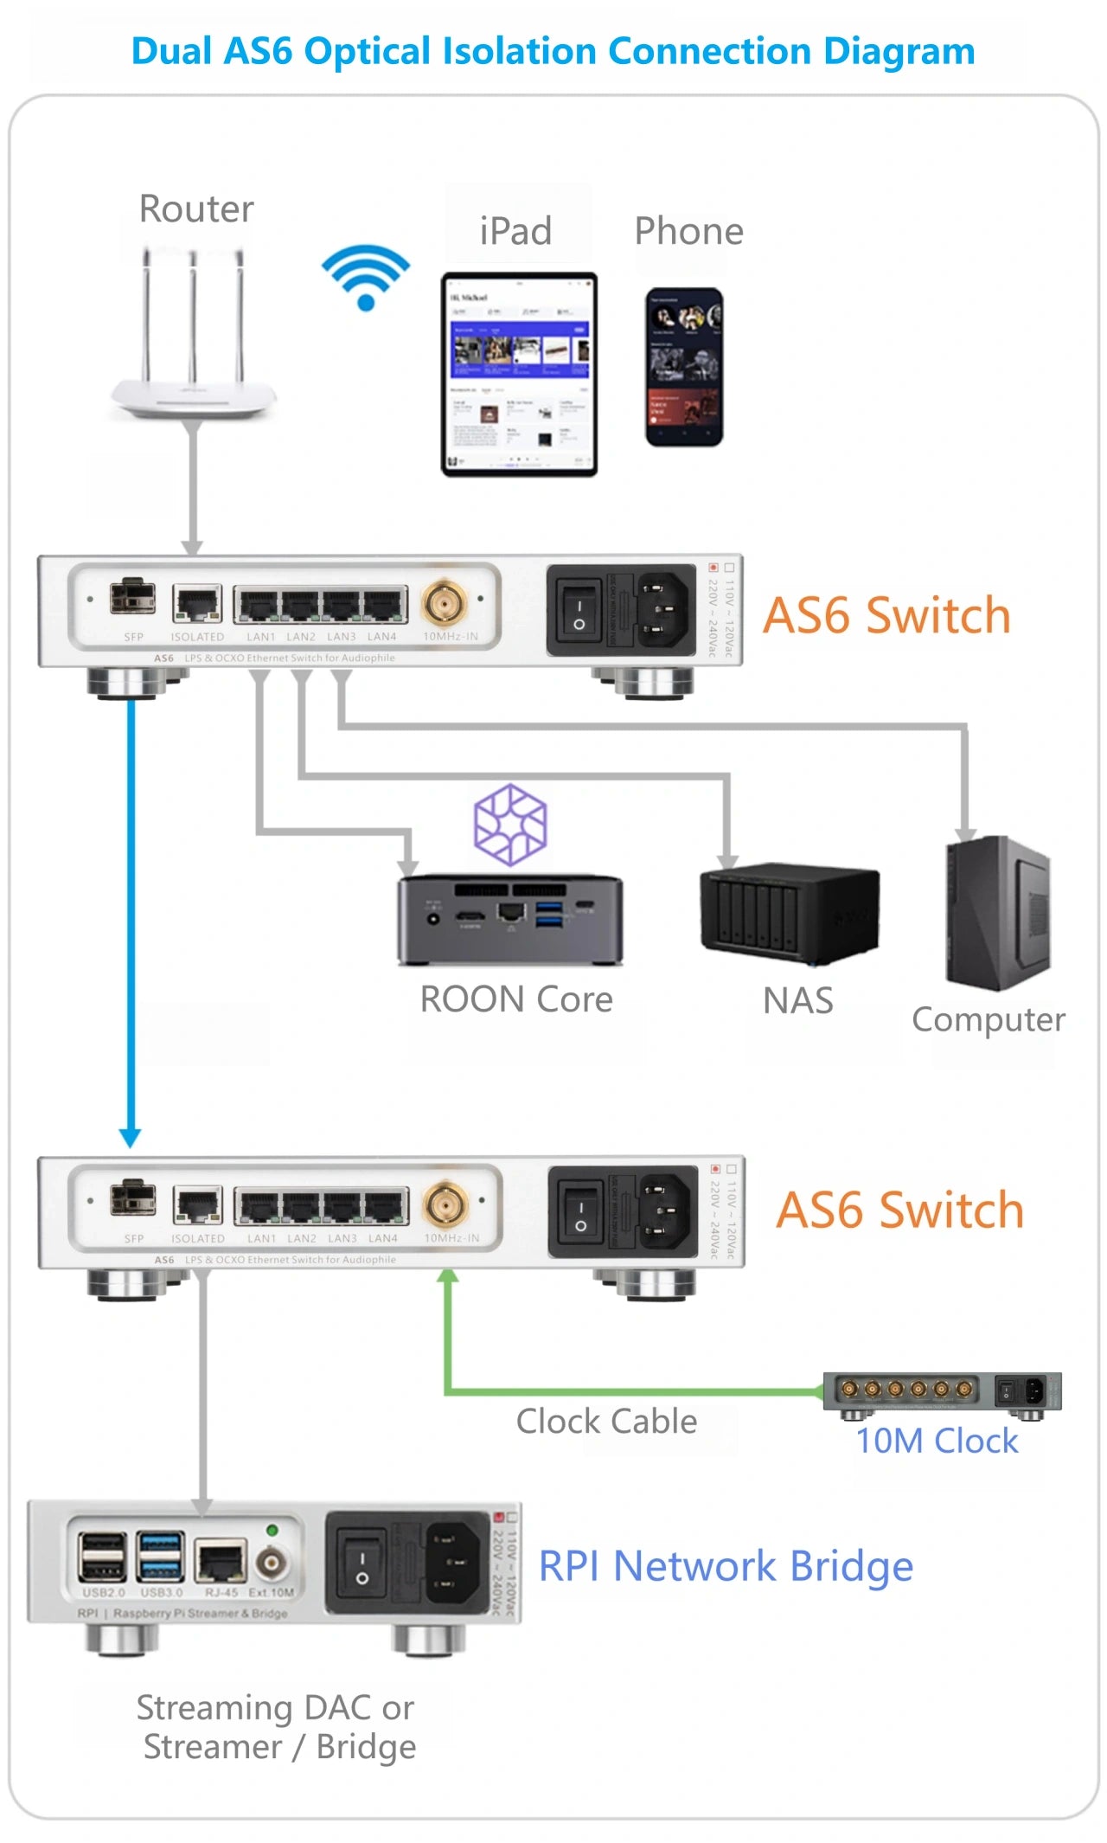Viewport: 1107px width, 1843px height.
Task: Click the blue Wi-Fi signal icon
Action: [365, 277]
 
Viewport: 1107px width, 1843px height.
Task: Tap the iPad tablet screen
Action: [519, 374]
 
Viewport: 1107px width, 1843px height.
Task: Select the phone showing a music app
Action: [684, 368]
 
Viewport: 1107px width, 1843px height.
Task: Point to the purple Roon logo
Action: [510, 825]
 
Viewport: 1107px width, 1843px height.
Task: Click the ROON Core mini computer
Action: [510, 920]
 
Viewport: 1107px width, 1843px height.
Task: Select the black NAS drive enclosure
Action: [789, 914]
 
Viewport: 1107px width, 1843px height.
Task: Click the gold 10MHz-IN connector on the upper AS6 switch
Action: [445, 602]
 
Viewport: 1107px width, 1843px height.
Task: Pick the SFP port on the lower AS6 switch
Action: [133, 1199]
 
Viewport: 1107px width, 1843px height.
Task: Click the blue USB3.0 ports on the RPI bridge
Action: [162, 1557]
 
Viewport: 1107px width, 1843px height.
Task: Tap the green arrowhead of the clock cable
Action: [448, 1276]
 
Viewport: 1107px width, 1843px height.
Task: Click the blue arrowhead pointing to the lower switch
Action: [130, 1137]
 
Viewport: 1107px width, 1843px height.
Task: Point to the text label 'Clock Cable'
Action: [606, 1422]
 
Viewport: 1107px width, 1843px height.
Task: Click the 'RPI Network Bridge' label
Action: [726, 1566]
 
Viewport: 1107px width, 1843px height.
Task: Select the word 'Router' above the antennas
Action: [196, 209]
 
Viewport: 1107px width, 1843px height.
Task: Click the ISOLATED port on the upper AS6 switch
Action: [197, 604]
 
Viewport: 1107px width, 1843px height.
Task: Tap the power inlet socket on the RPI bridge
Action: [451, 1562]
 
